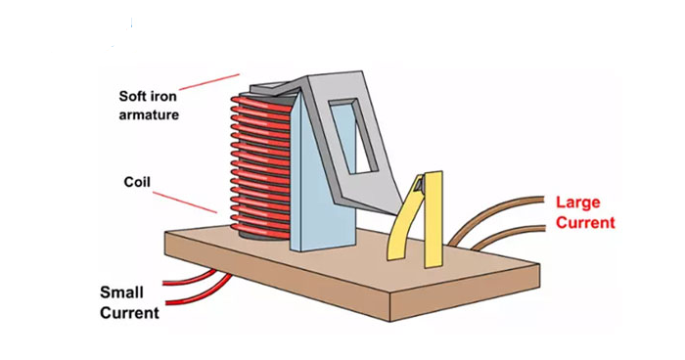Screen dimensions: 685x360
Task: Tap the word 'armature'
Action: point(149,114)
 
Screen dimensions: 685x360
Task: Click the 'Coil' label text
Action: point(137,182)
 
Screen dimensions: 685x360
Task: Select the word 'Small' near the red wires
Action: point(121,292)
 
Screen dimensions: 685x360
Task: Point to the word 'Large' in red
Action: point(578,203)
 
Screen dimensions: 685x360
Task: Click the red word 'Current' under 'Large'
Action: point(585,222)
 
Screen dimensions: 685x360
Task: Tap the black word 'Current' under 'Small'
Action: point(129,313)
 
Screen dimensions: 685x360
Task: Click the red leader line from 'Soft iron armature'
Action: point(209,82)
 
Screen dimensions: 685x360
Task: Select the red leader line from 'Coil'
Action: point(185,202)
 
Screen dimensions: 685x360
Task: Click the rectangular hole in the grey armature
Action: point(354,135)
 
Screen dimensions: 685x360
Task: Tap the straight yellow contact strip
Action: point(433,218)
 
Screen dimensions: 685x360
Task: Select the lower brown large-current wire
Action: point(507,236)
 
